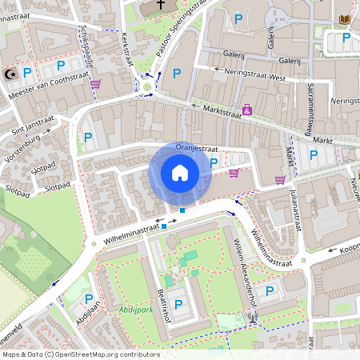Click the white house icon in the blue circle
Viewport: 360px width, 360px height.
coord(180,172)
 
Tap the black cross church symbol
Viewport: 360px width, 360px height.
coord(160,5)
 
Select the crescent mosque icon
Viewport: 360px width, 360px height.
coord(10,74)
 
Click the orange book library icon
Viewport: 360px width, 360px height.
coord(345,19)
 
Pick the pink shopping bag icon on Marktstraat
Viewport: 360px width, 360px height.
coord(247,109)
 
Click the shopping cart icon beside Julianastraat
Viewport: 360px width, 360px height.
coord(279,180)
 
